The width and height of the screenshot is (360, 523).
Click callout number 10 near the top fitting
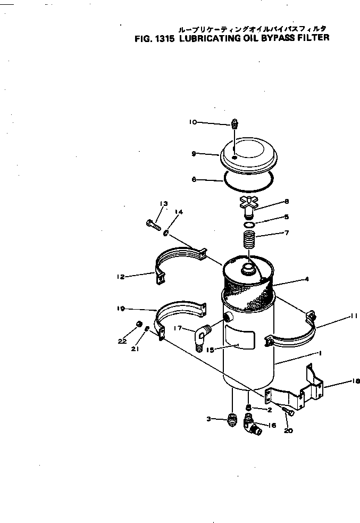192,122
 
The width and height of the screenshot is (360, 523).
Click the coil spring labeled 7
249,236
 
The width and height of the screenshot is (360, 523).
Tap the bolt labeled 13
153,223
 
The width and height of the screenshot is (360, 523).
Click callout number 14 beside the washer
179,212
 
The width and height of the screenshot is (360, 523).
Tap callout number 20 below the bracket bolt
288,430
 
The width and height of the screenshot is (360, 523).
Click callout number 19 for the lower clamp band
121,308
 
